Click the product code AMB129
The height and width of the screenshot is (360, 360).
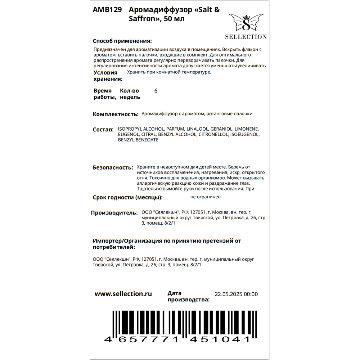pyautogui.click(x=107, y=10)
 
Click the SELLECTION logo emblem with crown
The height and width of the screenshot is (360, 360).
pyautogui.click(x=246, y=23)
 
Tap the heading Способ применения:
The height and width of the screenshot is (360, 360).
pyautogui.click(x=122, y=41)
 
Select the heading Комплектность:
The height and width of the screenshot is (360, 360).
pyautogui.click(x=116, y=114)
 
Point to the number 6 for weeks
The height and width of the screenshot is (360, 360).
pyautogui.click(x=156, y=91)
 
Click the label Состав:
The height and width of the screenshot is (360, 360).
pyautogui.click(x=103, y=129)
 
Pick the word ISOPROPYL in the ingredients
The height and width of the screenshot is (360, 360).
pyautogui.click(x=130, y=129)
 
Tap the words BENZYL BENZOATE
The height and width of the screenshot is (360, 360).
pyautogui.click(x=138, y=140)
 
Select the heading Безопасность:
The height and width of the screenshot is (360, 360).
pyautogui.click(x=113, y=167)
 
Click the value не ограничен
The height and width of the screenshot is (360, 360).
pyautogui.click(x=206, y=197)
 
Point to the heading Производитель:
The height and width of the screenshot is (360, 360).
pyautogui.click(x=114, y=213)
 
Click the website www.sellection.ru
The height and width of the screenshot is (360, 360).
pyautogui.click(x=123, y=294)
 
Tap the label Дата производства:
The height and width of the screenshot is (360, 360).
pyautogui.click(x=188, y=296)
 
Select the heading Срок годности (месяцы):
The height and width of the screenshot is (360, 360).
pyautogui.click(x=127, y=197)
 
